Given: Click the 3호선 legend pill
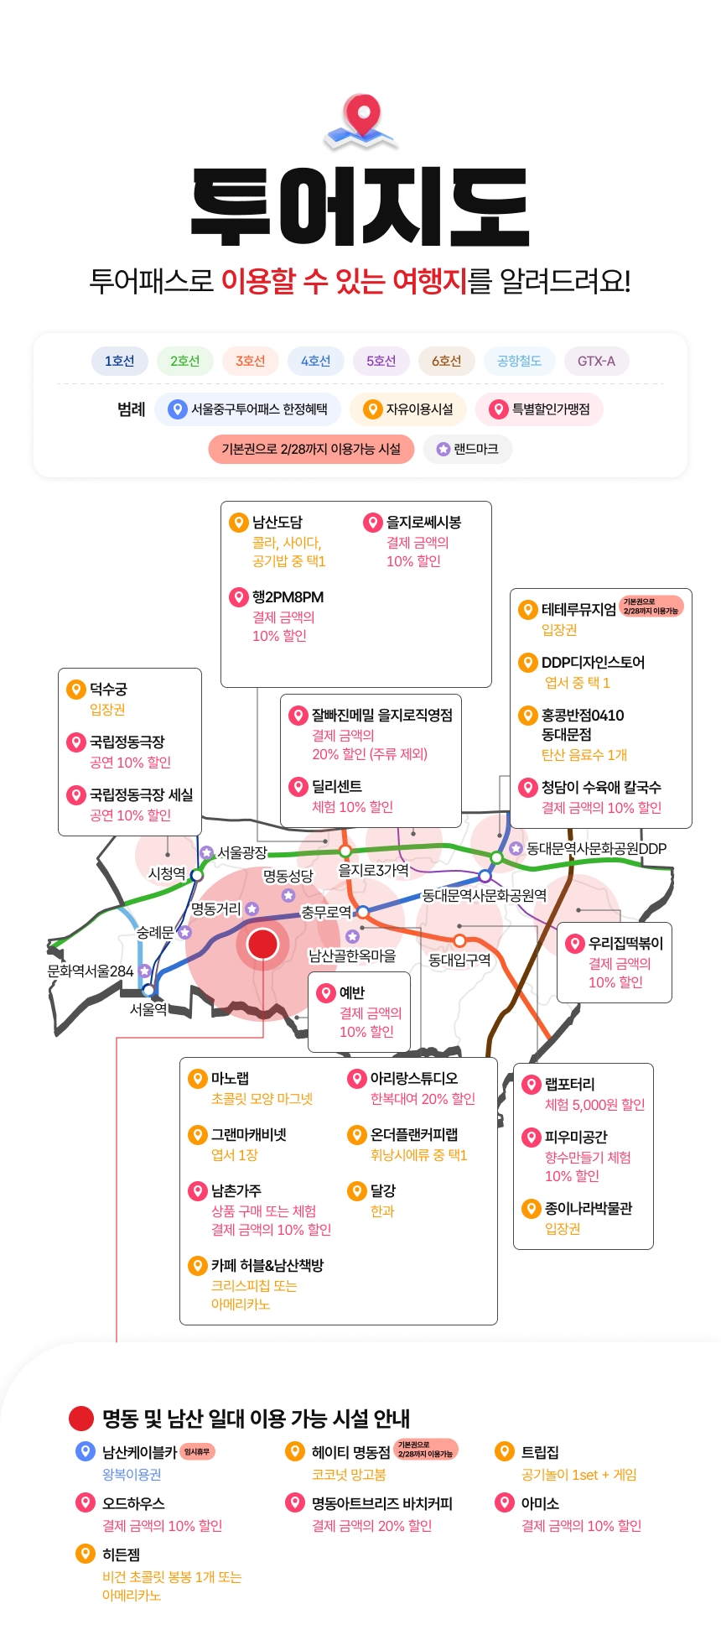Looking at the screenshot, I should pyautogui.click(x=250, y=361).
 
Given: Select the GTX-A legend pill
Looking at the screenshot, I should pyautogui.click(x=596, y=361).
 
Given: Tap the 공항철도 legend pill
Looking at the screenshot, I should pyautogui.click(x=519, y=361).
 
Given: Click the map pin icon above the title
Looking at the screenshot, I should pyautogui.click(x=361, y=119).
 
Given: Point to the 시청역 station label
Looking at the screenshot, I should pyautogui.click(x=167, y=873).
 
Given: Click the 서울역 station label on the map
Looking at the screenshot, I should pyautogui.click(x=148, y=1009).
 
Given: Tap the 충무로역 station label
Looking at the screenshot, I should pyautogui.click(x=326, y=912).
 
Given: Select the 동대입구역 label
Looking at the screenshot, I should pyautogui.click(x=459, y=960).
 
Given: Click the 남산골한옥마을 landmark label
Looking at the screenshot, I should pyautogui.click(x=352, y=955).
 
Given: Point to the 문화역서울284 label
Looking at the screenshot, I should pyautogui.click(x=91, y=971).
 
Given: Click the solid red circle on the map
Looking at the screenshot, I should pyautogui.click(x=262, y=944).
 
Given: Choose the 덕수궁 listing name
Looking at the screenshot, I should pyautogui.click(x=109, y=690).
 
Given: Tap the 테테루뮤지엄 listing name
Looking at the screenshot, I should pyautogui.click(x=578, y=610).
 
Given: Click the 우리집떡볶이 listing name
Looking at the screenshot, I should pyautogui.click(x=625, y=943).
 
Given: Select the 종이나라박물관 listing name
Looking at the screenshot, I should pyautogui.click(x=589, y=1208).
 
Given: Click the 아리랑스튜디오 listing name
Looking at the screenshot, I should pyautogui.click(x=414, y=1078).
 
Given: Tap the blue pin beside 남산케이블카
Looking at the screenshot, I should pyautogui.click(x=85, y=1451).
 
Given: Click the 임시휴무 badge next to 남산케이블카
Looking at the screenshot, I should pyautogui.click(x=197, y=1451).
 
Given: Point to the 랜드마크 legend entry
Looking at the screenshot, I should pyautogui.click(x=468, y=449).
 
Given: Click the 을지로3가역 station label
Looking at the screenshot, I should pyautogui.click(x=373, y=870).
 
